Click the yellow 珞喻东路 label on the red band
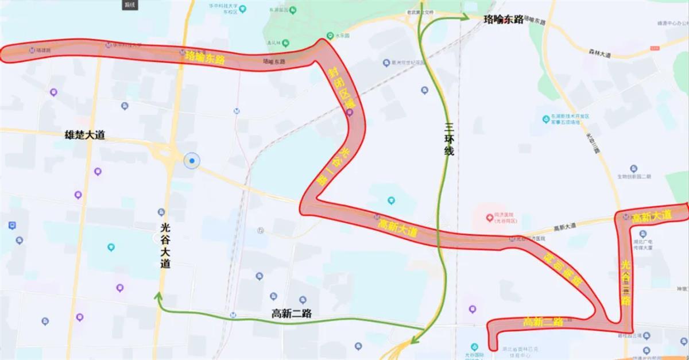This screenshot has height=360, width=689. (x=204, y=57)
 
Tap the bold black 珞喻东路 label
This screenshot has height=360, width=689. (x=504, y=20)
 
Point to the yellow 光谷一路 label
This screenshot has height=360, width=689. (x=334, y=165)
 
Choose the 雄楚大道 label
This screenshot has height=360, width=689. (x=85, y=135)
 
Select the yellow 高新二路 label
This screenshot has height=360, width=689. (x=543, y=322)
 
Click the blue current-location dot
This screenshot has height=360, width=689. (x=192, y=161)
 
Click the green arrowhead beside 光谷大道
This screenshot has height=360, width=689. (x=157, y=296)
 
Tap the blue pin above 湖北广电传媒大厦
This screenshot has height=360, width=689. (x=641, y=234)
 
